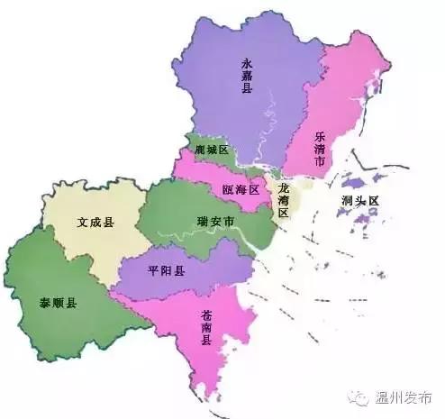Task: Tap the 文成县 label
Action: coord(95,222)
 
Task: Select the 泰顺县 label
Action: coord(58,300)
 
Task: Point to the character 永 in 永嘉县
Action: coord(247,62)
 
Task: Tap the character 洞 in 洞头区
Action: coord(347,201)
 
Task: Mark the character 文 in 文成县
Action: coord(82,222)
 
